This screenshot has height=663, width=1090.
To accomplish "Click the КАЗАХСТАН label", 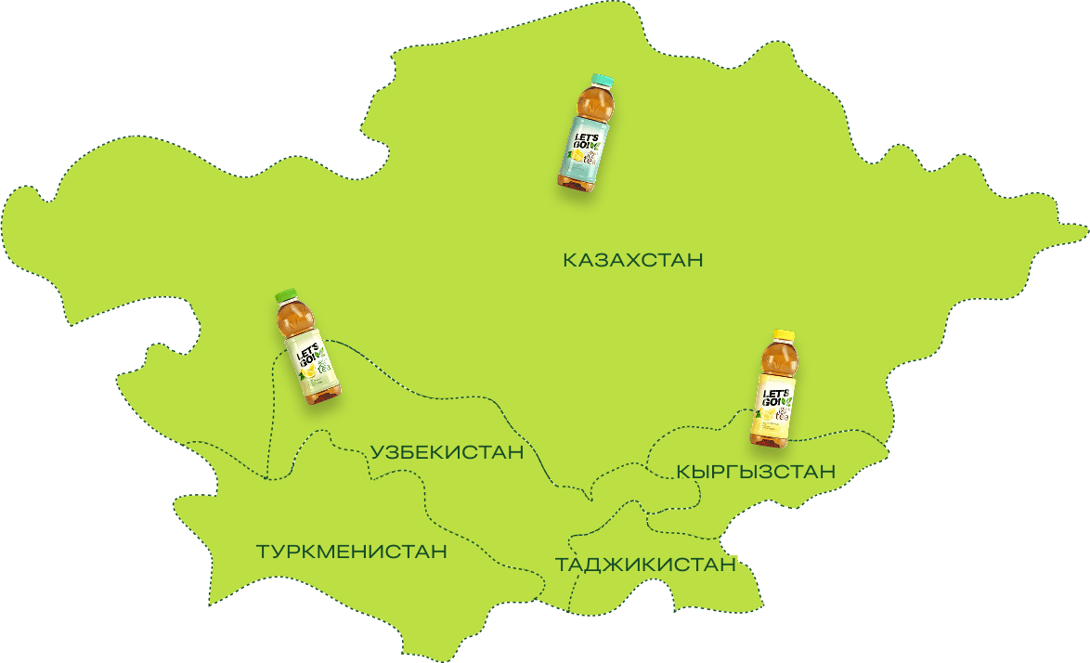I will pyautogui.click(x=632, y=260).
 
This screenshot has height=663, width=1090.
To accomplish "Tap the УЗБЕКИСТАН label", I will pyautogui.click(x=447, y=453).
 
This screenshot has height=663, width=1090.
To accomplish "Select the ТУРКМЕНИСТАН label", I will pyautogui.click(x=351, y=552).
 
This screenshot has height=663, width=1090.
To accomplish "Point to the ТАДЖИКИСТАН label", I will pyautogui.click(x=645, y=565).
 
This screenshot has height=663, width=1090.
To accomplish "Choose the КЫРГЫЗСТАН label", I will pyautogui.click(x=756, y=473).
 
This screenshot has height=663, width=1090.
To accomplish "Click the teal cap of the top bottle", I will pyautogui.click(x=602, y=81).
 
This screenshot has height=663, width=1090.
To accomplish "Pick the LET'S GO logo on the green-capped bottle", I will pyautogui.click(x=306, y=357).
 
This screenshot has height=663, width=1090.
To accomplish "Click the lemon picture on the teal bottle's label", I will pyautogui.click(x=577, y=158).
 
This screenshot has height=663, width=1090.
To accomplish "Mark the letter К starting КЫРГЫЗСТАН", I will pyautogui.click(x=684, y=473).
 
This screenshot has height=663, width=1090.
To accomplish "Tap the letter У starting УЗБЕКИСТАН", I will pyautogui.click(x=377, y=453).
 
